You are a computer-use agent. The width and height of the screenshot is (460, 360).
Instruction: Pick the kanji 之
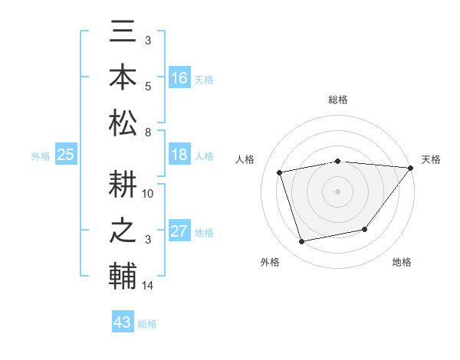[x=123, y=231]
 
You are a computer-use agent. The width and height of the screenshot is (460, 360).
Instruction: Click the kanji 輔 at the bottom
[x=123, y=276]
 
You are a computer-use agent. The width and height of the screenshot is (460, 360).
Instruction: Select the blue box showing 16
[x=179, y=78]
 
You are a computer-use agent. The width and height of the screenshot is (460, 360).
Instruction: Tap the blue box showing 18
[x=179, y=155]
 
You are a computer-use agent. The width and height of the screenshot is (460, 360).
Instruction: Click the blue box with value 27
[x=179, y=232]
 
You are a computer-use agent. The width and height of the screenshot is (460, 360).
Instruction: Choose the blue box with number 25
[x=65, y=155]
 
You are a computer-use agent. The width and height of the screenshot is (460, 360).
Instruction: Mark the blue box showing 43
[x=123, y=322]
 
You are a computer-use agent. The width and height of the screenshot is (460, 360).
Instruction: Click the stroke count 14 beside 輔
[x=148, y=286]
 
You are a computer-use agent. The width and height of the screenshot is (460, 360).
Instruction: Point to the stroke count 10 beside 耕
[x=148, y=194]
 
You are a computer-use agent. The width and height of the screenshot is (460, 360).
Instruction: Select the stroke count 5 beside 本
[x=148, y=86]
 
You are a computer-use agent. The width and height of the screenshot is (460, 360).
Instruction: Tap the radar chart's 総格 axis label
[x=338, y=100]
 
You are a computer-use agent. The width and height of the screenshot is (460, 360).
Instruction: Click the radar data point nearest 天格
[x=412, y=169]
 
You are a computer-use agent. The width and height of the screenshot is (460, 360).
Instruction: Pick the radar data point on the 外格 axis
[x=302, y=242]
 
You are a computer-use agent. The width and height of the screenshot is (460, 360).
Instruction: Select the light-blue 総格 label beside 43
[x=147, y=324]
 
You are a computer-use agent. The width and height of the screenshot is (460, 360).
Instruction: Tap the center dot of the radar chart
[x=338, y=191]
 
